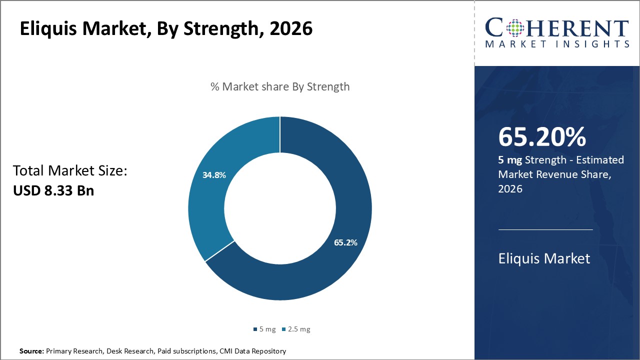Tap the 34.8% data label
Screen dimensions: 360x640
(x=214, y=175)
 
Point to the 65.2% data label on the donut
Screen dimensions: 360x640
(x=345, y=242)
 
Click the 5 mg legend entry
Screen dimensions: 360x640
(x=264, y=329)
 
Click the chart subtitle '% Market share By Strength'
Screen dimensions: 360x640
(x=280, y=86)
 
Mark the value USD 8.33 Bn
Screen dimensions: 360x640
(x=53, y=190)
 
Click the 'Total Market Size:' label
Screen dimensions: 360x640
(x=70, y=171)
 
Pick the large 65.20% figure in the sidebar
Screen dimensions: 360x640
(x=542, y=137)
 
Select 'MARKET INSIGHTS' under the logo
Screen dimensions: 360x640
(x=557, y=44)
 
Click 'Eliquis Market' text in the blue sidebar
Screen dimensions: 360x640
(x=544, y=258)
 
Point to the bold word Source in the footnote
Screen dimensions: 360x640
(x=31, y=351)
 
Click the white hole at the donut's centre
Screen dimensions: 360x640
(x=280, y=208)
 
